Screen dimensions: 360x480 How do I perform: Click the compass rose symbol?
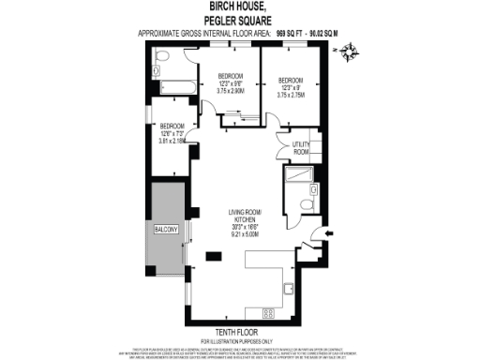click(x=350, y=54)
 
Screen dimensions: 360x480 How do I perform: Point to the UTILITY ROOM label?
click(x=301, y=148)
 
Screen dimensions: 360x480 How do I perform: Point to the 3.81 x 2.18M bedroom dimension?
click(x=172, y=142)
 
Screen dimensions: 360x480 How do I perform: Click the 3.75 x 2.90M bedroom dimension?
click(x=231, y=90)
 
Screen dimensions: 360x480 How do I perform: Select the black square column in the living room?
click(x=212, y=253)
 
